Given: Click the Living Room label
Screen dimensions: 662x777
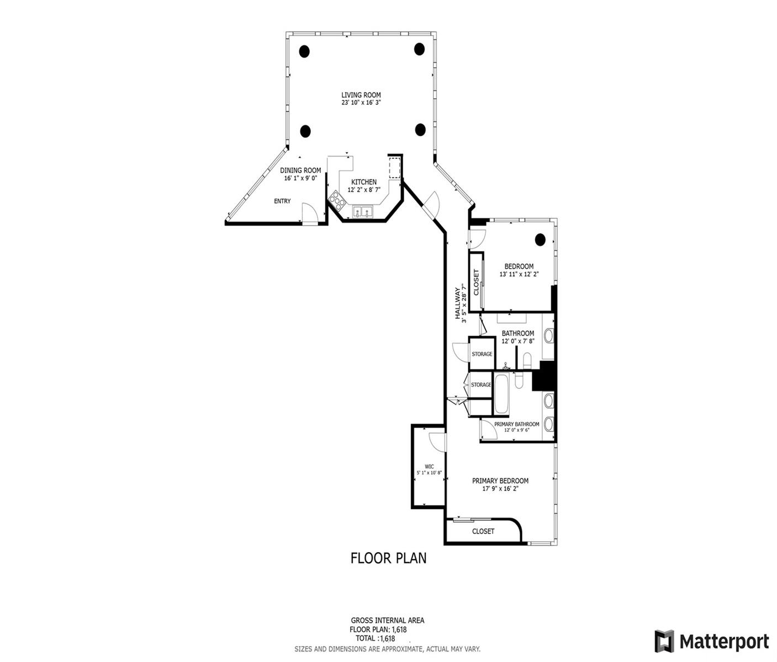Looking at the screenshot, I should click(x=361, y=95).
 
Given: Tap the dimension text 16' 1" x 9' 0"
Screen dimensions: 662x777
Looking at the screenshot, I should click(x=300, y=178).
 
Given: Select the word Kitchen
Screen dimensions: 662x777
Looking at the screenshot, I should click(x=364, y=182).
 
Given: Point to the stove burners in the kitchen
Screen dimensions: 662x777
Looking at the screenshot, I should click(x=336, y=198).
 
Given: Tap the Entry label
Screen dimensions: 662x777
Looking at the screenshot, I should click(x=282, y=201).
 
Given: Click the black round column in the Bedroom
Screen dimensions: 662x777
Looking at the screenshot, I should click(x=540, y=239).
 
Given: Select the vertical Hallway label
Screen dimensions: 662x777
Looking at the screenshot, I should click(x=458, y=303).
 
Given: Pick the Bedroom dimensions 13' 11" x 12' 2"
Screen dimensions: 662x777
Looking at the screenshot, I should click(x=519, y=274).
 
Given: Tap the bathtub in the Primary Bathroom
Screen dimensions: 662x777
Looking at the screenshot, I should click(x=501, y=394).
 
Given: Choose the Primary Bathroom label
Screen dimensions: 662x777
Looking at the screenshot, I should click(x=516, y=424).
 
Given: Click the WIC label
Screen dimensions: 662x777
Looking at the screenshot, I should click(x=429, y=466).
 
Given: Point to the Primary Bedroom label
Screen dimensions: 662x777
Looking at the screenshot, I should click(x=500, y=481).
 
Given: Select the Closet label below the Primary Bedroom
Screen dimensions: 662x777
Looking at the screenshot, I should click(x=483, y=531).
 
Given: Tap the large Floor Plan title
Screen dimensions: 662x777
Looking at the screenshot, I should click(x=388, y=558).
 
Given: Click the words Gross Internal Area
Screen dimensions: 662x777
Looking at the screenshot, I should click(x=388, y=621).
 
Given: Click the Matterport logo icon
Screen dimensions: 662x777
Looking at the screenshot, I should click(x=664, y=641).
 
